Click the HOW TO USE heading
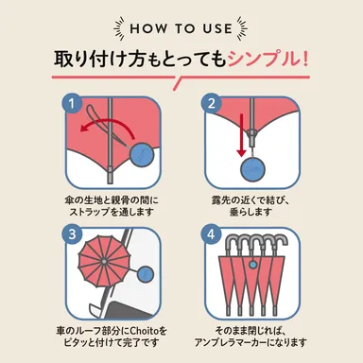tap(181, 26)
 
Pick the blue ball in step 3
tap(147, 275)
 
